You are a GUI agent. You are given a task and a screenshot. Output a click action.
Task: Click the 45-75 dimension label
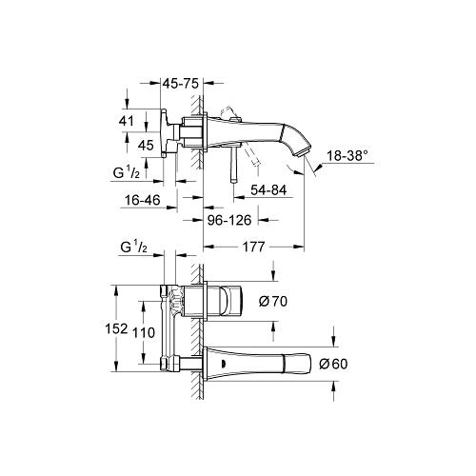point(181,84)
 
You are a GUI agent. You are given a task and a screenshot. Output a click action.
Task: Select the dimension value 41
point(127,121)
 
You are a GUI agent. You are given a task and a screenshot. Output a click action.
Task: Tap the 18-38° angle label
point(347,156)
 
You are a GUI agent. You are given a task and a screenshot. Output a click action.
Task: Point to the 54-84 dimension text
point(268,190)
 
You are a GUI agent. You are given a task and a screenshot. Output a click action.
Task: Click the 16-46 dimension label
point(143,200)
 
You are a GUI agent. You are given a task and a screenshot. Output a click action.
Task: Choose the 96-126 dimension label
point(229,220)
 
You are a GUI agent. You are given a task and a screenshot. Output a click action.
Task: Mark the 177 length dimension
point(253,247)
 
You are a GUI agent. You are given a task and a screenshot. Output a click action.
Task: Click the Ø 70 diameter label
point(273,301)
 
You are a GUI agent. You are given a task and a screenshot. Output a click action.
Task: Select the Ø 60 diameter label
point(333,364)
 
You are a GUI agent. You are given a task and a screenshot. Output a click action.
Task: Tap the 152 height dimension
point(116,328)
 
